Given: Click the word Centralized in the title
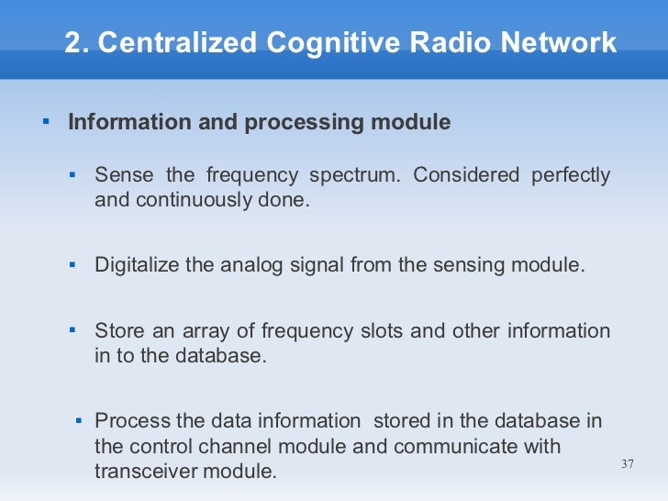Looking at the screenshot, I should [x=177, y=42].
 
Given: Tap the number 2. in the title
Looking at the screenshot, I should [x=76, y=42].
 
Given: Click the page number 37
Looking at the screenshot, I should [x=628, y=463].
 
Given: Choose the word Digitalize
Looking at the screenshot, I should [x=139, y=265].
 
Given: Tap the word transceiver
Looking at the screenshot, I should [x=147, y=471].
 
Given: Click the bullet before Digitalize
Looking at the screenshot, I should [x=72, y=264].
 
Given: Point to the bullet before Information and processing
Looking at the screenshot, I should [x=44, y=121].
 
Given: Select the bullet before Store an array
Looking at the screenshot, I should [x=72, y=330].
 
